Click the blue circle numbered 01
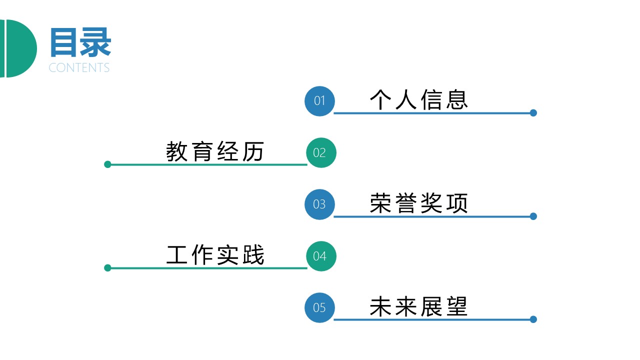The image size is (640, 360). coord(319,101)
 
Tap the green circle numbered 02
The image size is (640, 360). coord(321,152)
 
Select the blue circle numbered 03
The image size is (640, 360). coord(319,204)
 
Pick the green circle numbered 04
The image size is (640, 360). coord(321,256)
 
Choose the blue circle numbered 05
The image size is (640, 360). coord(319,307)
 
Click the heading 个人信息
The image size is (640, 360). coord(419,99)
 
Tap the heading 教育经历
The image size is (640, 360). coord(215,151)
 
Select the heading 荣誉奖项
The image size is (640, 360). coord(419,203)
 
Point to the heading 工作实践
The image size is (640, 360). coord(215,255)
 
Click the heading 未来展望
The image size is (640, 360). coord(419,306)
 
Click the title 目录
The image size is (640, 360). coord(80,43)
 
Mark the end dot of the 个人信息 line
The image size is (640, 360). coord(533,113)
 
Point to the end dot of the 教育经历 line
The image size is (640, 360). coord(107,164)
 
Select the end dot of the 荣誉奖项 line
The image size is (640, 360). coord(533,216)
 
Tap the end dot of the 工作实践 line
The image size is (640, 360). coord(107,268)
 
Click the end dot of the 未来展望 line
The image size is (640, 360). coord(533,319)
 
